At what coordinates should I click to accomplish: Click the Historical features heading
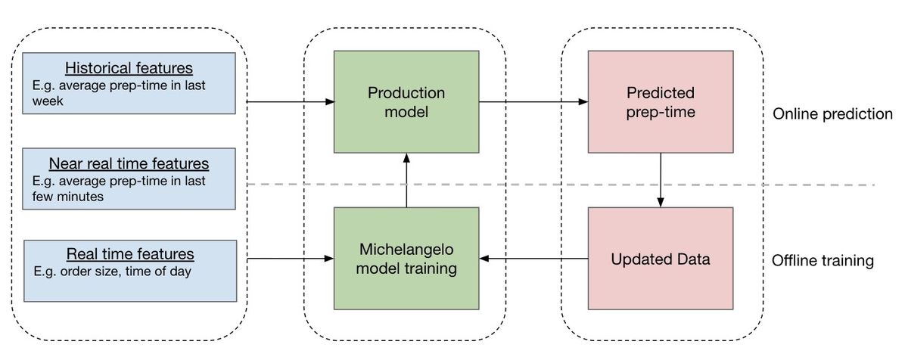pyautogui.click(x=129, y=68)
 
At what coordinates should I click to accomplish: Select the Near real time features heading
pyautogui.click(x=129, y=163)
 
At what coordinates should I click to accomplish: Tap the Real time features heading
pyautogui.click(x=130, y=254)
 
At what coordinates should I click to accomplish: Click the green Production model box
pyautogui.click(x=406, y=101)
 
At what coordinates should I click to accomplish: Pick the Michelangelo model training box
pyautogui.click(x=406, y=259)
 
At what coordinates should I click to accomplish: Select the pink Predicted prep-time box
pyautogui.click(x=661, y=101)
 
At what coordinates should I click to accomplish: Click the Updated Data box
pyautogui.click(x=661, y=259)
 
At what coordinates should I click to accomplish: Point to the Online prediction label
pyautogui.click(x=832, y=114)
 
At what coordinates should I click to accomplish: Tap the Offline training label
pyautogui.click(x=823, y=260)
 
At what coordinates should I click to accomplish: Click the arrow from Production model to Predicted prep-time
pyautogui.click(x=533, y=101)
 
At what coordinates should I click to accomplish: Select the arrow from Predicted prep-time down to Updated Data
pyautogui.click(x=661, y=180)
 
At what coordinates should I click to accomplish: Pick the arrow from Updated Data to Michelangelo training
pyautogui.click(x=533, y=259)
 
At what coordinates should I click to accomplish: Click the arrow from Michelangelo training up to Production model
pyautogui.click(x=406, y=180)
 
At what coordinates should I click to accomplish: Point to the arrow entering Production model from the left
pyautogui.click(x=291, y=101)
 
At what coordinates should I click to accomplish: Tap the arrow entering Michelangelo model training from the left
pyautogui.click(x=291, y=259)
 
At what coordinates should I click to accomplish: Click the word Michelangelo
pyautogui.click(x=406, y=250)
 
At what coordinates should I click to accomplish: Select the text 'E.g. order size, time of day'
pyautogui.click(x=112, y=272)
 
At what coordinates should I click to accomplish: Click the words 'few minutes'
pyautogui.click(x=67, y=197)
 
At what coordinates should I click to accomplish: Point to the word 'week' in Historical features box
pyautogui.click(x=48, y=101)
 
